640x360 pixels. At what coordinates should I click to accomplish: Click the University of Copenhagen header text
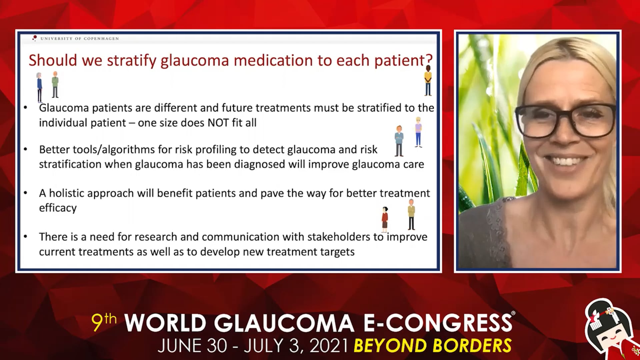pyautogui.click(x=79, y=39)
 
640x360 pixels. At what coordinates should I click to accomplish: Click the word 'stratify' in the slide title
pyautogui.click(x=131, y=61)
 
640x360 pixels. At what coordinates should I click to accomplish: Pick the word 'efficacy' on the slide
pyautogui.click(x=58, y=208)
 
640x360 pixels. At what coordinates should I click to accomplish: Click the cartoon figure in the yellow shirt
pyautogui.click(x=428, y=80)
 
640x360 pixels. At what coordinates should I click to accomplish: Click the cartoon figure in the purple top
pyautogui.click(x=418, y=132)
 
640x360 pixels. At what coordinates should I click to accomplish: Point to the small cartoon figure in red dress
pyautogui.click(x=385, y=219)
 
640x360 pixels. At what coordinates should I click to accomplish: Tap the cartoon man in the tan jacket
pyautogui.click(x=411, y=215)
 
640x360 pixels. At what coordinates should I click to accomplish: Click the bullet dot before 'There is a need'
pyautogui.click(x=25, y=237)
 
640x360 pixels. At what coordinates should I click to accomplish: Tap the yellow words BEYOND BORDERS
pyautogui.click(x=433, y=346)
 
